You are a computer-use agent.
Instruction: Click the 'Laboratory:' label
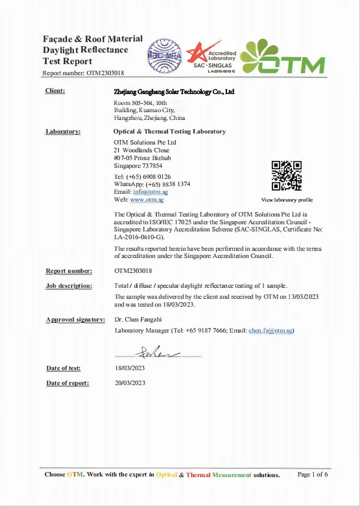[x=63, y=132]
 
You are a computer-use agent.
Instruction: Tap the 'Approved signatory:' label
[x=75, y=320]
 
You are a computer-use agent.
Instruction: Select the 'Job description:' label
[x=68, y=285]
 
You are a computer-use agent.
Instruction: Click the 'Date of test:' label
[x=64, y=368]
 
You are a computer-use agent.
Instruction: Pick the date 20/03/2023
[x=130, y=383]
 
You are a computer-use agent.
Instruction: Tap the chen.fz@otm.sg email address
[x=271, y=331]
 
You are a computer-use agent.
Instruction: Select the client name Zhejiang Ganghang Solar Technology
[x=174, y=92]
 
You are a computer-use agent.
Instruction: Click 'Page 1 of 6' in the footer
[x=313, y=475]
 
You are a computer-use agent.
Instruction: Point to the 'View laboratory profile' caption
[x=287, y=200]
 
